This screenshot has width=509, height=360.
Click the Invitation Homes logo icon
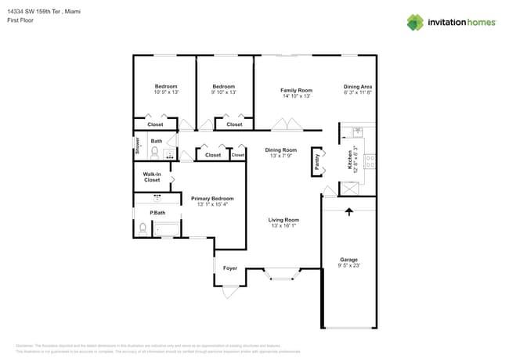coord(415,22)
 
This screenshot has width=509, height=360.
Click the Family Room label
coord(296,91)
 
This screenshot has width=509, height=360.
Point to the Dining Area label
coord(357,87)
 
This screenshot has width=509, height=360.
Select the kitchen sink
coord(358,131)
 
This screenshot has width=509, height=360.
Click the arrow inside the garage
coord(348,211)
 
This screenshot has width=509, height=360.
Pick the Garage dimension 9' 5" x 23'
coord(348,266)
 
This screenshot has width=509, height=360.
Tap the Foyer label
coord(230,268)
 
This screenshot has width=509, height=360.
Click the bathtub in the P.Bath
coord(167,229)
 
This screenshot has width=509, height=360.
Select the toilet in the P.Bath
coord(143,229)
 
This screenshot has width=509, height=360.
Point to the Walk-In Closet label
coord(152,177)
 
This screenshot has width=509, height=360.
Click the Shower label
coord(136,147)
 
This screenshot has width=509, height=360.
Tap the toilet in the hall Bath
coord(155,152)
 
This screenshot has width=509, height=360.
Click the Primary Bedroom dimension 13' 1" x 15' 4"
coord(212,205)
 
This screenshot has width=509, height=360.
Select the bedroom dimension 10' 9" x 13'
coord(165,92)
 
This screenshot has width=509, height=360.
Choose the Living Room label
coord(284,220)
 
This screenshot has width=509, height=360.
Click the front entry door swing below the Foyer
coord(229,292)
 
